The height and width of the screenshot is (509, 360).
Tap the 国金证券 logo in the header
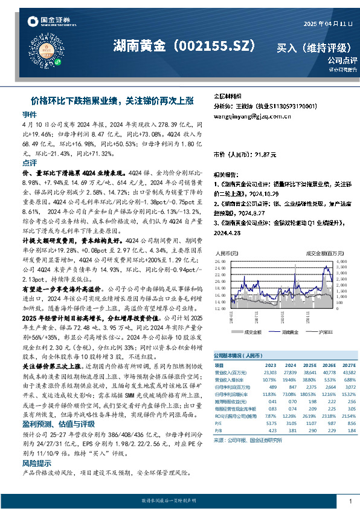click(45, 22)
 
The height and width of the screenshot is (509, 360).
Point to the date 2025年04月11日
click(328, 24)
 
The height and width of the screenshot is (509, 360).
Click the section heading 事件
click(30, 114)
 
